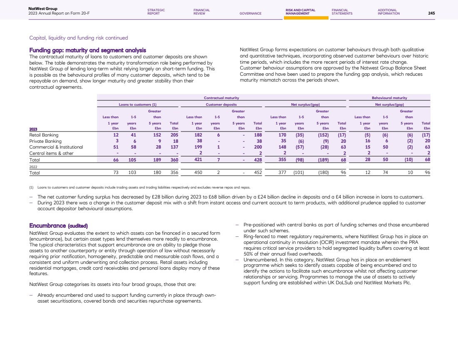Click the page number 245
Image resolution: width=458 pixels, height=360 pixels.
click(431, 13)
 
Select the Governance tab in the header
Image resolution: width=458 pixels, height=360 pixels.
click(250, 13)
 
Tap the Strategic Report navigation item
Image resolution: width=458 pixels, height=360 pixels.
click(156, 12)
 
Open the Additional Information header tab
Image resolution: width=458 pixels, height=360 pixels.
click(388, 12)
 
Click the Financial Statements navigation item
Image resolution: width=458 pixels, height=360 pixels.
click(342, 12)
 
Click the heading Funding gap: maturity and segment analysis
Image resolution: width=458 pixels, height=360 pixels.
click(87, 50)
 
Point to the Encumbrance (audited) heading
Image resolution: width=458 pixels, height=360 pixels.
click(58, 226)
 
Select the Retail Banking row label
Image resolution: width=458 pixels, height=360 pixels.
click(44, 135)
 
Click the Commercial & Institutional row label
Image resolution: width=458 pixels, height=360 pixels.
click(56, 147)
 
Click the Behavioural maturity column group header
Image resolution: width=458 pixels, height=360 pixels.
click(389, 98)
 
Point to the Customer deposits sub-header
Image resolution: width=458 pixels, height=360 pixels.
click(221, 105)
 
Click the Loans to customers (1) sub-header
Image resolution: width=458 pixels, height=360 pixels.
click(137, 105)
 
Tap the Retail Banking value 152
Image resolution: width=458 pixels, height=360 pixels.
click(157, 135)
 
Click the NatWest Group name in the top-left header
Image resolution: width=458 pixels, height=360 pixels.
click(43, 8)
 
